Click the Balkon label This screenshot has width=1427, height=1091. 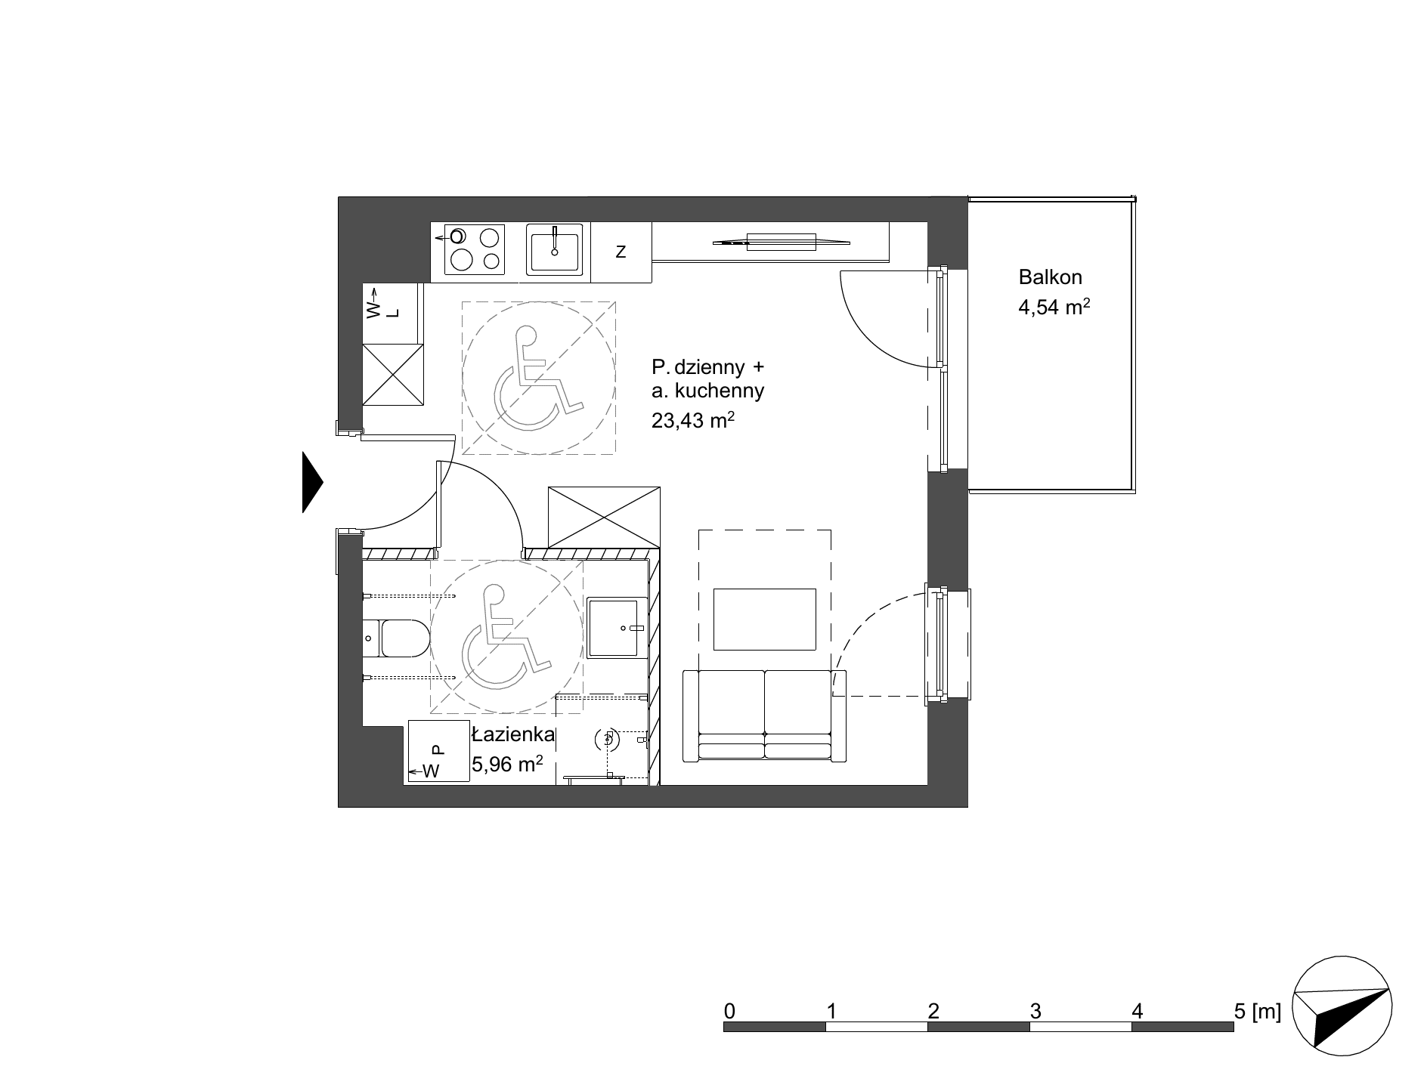[x=1050, y=277]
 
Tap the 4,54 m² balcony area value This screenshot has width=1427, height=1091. [x=1054, y=309]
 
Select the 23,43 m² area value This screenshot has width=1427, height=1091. [x=693, y=420]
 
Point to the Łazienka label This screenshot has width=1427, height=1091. [x=513, y=734]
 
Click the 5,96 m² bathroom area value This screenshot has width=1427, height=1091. [x=507, y=765]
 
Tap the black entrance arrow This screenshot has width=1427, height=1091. [x=312, y=482]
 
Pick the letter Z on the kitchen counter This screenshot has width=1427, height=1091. [x=621, y=252]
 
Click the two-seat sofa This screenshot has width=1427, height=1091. [x=764, y=715]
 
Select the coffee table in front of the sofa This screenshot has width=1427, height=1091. [x=765, y=619]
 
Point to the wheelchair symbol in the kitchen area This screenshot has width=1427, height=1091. [x=538, y=378]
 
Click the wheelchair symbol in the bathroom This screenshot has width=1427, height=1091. [x=506, y=636]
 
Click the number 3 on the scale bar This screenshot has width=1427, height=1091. [x=1035, y=1011]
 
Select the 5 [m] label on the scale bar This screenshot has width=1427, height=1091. [x=1257, y=1011]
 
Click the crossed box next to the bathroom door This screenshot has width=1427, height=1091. [x=604, y=518]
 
